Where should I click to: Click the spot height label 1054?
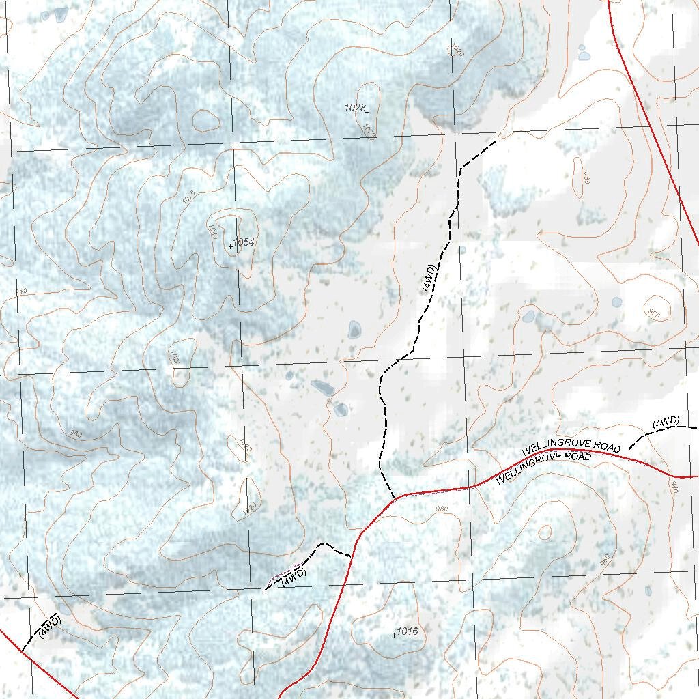[x=244, y=242]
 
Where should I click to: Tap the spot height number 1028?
[x=354, y=108]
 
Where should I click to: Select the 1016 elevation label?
[x=408, y=631]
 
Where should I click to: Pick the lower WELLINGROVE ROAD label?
[x=543, y=468]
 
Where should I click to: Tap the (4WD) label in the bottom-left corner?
[x=50, y=626]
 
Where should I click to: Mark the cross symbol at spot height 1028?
[x=367, y=112]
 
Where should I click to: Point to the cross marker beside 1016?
[x=394, y=636]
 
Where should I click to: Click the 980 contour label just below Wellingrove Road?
[x=441, y=509]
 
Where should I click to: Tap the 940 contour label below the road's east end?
[x=674, y=487]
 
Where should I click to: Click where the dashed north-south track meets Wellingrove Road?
[x=395, y=499]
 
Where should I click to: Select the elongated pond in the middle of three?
[x=322, y=388]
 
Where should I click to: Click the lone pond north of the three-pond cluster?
[x=354, y=330]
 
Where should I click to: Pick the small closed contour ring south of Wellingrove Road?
[x=545, y=532]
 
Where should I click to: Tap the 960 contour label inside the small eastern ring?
[x=654, y=314]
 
